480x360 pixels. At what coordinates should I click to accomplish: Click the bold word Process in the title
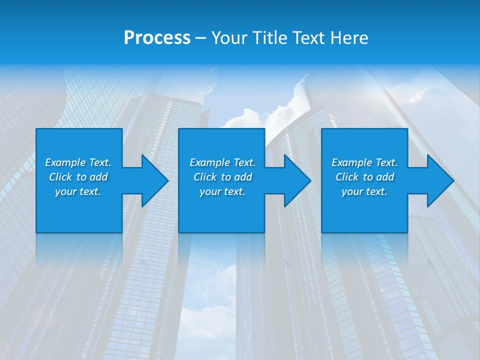157,37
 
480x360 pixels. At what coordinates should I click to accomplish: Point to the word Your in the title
229,37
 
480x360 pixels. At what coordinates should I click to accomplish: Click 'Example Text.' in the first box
78,162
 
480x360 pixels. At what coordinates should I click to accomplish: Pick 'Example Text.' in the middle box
222,162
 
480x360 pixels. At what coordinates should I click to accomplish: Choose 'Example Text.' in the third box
364,162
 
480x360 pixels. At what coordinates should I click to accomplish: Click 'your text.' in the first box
78,191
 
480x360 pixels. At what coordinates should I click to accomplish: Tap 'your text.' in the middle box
222,191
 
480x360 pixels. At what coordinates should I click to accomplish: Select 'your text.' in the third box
364,191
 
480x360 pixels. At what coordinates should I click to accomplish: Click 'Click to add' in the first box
78,177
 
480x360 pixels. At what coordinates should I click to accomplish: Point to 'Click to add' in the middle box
222,177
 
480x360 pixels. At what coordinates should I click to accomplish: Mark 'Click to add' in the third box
364,177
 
